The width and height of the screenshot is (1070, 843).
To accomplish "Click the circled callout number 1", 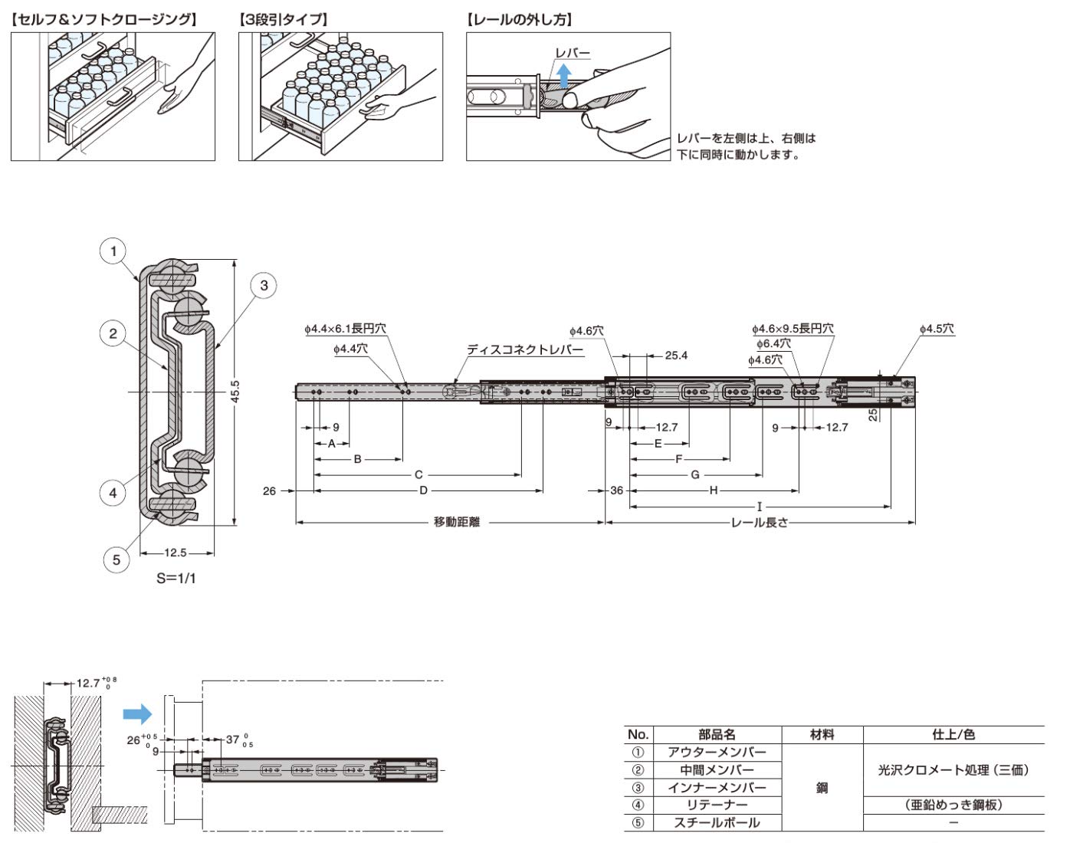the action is tap(113, 251).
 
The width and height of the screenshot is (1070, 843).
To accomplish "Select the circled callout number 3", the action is tap(264, 286).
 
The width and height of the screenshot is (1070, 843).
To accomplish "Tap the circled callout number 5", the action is tap(117, 559).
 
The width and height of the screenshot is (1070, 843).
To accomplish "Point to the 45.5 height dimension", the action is tap(235, 392).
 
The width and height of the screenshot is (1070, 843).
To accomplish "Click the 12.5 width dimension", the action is tap(176, 553).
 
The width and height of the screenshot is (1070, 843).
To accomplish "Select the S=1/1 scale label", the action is tap(176, 579).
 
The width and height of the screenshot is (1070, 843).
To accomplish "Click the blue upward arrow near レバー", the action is tap(564, 77).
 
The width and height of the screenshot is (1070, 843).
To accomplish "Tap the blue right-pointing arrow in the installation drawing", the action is tap(138, 715).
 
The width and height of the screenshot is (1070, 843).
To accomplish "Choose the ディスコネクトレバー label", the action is tap(525, 349).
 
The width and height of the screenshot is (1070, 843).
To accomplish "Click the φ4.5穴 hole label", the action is tap(937, 329).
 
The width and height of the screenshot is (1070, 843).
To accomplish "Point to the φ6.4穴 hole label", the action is tap(773, 343).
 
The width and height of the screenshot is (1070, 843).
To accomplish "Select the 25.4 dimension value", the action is tap(676, 356).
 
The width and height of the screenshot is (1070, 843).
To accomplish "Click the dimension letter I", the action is tap(760, 507).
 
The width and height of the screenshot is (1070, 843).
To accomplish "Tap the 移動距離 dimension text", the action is tap(457, 523).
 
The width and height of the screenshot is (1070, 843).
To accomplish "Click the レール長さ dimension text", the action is tap(759, 523).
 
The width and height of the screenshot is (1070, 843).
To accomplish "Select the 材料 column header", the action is tap(822, 734).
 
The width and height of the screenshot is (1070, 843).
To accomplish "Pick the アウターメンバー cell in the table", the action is tap(717, 753).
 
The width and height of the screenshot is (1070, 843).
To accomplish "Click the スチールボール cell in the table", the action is tap(717, 823).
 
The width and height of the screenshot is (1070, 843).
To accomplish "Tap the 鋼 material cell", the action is tap(822, 788).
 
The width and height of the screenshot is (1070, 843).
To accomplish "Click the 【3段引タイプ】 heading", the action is tap(284, 20).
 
